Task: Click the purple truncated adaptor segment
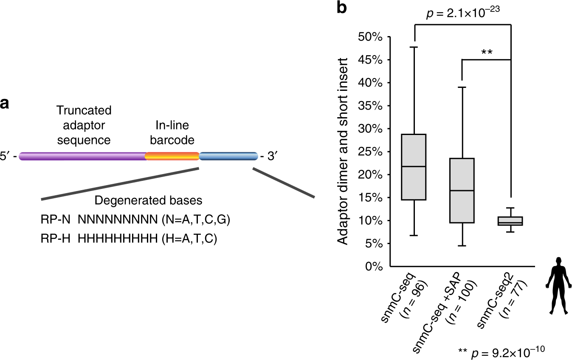point(83,156)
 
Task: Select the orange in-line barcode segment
point(172,156)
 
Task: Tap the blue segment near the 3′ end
point(228,156)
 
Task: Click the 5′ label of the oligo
point(8,157)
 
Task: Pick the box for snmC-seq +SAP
point(462,190)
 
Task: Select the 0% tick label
point(374,267)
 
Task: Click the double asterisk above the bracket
point(486,52)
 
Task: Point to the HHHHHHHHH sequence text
point(114,239)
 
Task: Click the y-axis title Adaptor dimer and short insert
point(344,151)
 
